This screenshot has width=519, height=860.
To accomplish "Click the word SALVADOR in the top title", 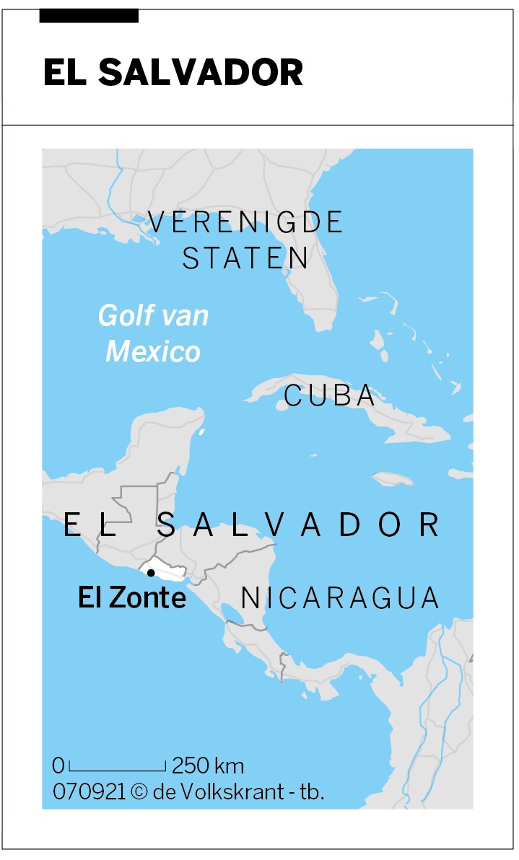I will pos(201,72).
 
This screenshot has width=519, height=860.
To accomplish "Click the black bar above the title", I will pos(89,16).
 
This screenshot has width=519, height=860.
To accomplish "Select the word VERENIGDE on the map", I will pos(245,222).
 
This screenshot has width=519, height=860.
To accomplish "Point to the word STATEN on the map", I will pos(246,258).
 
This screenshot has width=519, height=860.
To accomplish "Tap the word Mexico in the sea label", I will pos(153,352).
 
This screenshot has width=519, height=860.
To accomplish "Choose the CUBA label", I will pos(330,395).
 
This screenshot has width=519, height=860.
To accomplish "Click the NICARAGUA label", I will pos(339,598).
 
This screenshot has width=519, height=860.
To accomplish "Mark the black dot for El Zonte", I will pos(150,573).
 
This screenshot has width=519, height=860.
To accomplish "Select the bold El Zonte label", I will pos(132,598).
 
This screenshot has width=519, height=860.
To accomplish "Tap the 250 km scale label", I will pos(208,765).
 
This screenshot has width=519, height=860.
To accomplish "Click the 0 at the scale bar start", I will pos(58,765).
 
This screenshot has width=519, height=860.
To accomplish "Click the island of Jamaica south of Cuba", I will pos(392,478).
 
